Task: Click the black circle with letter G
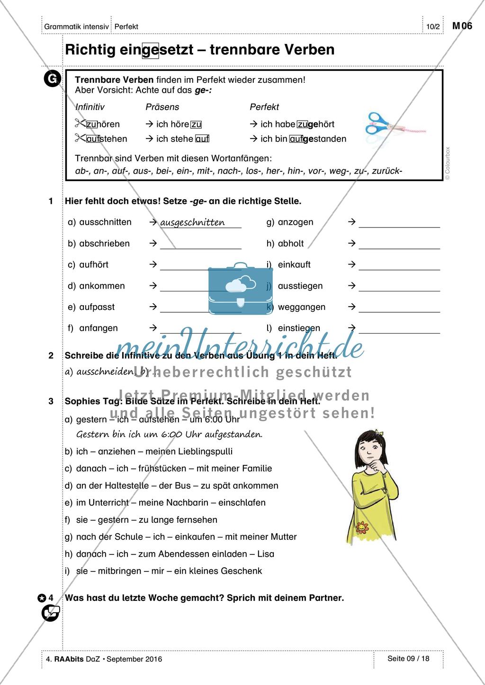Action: (x=52, y=79)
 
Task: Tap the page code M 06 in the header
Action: (x=462, y=26)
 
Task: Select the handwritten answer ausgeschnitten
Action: (x=193, y=223)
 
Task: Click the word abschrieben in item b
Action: (x=105, y=244)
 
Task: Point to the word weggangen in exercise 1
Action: (x=302, y=307)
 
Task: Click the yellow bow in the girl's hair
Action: (x=377, y=432)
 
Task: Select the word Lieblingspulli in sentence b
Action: (x=203, y=451)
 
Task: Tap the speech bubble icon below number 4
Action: (x=51, y=614)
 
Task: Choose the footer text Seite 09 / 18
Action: (x=408, y=658)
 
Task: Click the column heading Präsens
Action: (x=162, y=107)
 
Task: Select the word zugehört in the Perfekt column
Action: (x=315, y=124)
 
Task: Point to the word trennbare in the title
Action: (x=240, y=50)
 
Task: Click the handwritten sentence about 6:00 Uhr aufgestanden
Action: (x=169, y=434)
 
